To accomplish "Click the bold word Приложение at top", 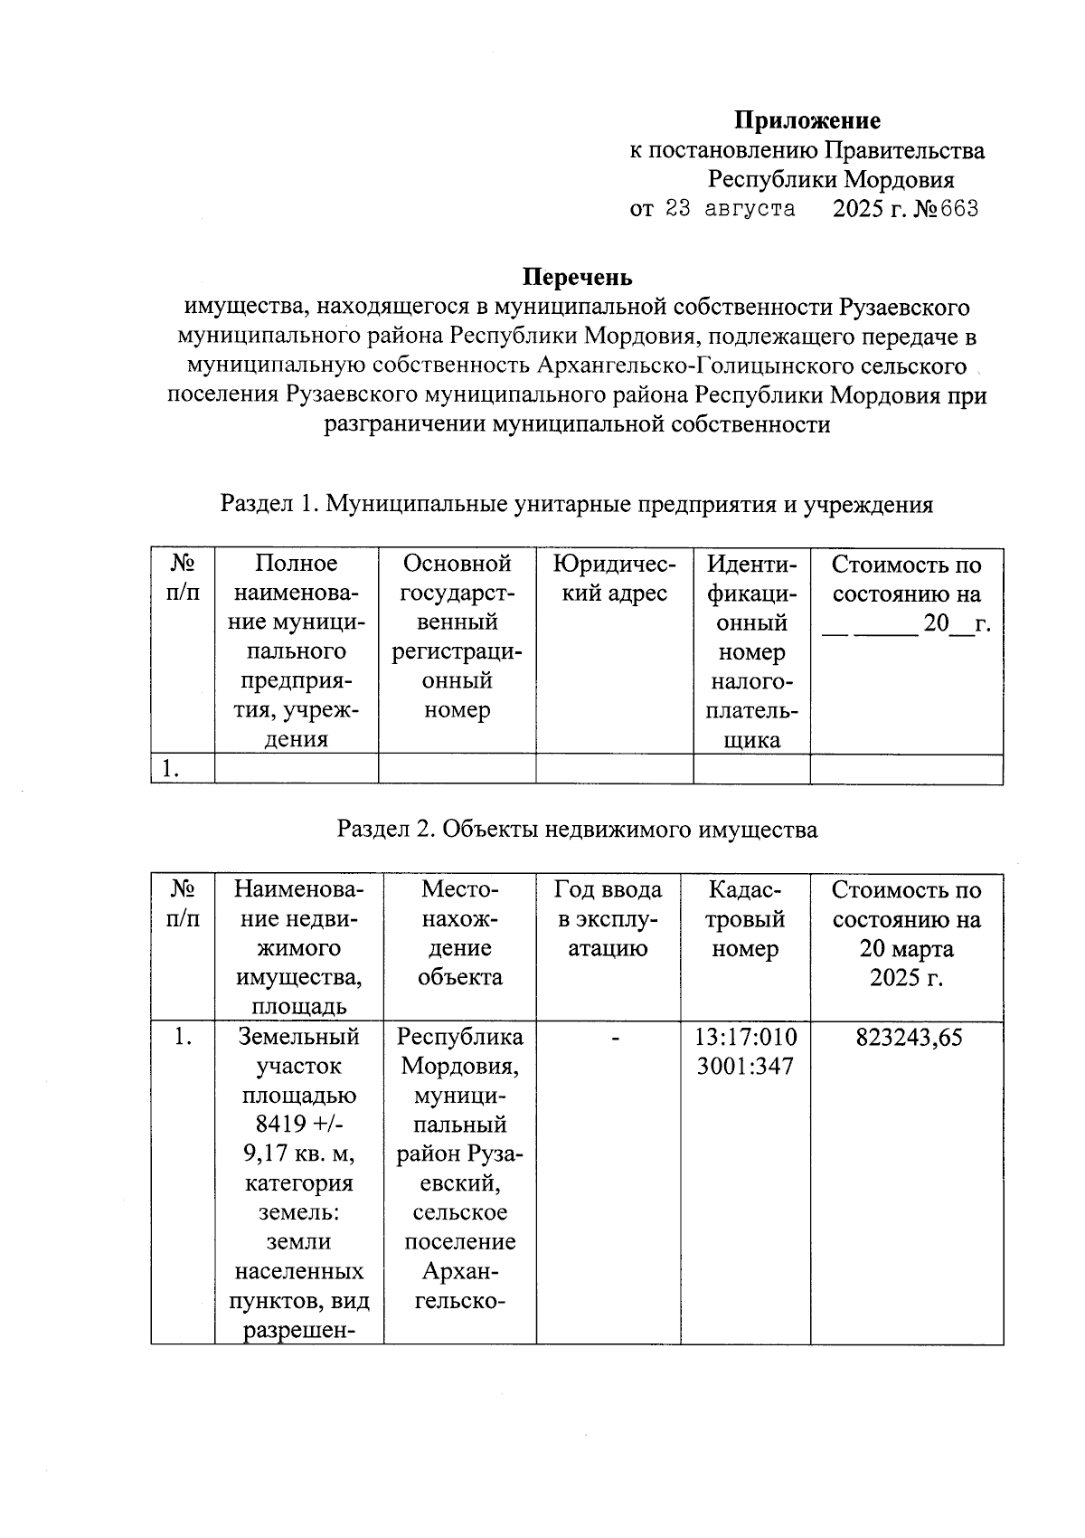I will tap(807, 120).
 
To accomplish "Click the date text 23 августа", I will tap(730, 209).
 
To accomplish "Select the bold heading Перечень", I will tap(579, 277).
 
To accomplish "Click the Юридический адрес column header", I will tap(614, 579).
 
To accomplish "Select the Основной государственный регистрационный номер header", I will tap(457, 637).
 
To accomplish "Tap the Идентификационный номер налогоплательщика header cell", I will tap(751, 651).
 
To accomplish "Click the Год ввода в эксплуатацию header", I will tap(608, 919).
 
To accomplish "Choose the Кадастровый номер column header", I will tap(746, 919).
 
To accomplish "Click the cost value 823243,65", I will tap(907, 1038).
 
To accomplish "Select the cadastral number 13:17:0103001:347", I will tap(746, 1051).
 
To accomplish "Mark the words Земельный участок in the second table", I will tap(298, 1051).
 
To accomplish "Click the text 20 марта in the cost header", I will tap(907, 949).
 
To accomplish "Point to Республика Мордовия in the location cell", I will tap(460, 1051).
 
